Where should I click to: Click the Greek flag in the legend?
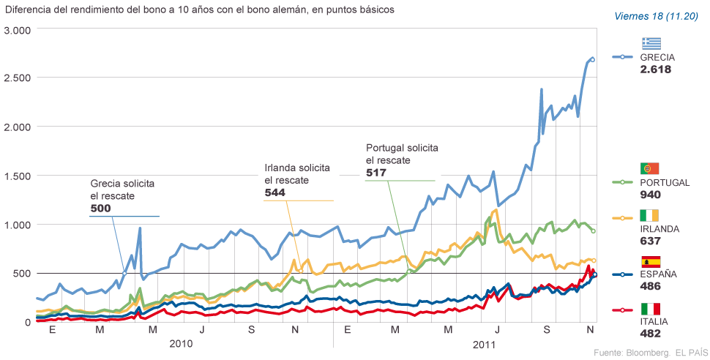tap(651, 42)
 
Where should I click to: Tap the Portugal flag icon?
tap(651, 168)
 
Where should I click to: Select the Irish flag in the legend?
tap(651, 214)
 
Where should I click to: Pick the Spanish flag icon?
tap(651, 261)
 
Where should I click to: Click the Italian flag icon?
tap(651, 308)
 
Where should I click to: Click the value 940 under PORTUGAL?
tap(651, 195)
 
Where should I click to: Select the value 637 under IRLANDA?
tap(651, 241)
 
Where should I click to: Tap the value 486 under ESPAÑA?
tap(651, 288)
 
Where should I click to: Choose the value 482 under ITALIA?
tap(651, 334)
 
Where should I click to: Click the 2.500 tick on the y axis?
tap(18, 78)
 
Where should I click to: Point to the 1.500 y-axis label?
tap(18, 176)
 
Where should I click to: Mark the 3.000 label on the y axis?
tap(18, 30)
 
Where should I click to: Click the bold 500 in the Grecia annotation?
tap(101, 209)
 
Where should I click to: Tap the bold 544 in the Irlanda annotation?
tap(274, 192)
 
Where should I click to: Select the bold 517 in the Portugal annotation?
tap(375, 173)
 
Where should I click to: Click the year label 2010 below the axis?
tap(182, 343)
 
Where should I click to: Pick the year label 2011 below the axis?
tap(485, 343)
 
